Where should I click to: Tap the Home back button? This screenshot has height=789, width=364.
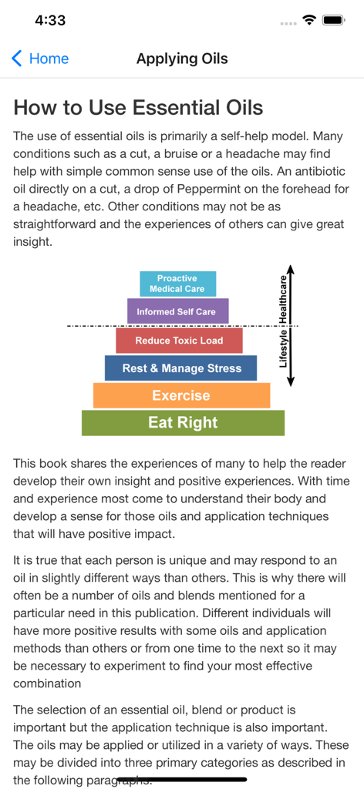click(40, 59)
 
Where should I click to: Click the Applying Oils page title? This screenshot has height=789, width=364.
click(182, 59)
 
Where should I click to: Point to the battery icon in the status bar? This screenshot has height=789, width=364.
click(333, 21)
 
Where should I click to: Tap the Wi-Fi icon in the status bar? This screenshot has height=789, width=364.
click(310, 21)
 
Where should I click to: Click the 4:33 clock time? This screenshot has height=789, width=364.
click(50, 21)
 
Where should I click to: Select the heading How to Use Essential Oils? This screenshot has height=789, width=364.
click(138, 107)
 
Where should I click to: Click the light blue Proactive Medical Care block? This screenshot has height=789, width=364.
click(177, 284)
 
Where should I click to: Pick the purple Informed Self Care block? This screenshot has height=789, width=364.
click(177, 312)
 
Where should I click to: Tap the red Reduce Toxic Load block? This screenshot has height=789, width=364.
click(179, 341)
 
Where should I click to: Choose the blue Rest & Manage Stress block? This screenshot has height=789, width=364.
click(181, 368)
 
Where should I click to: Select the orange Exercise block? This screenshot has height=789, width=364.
click(181, 395)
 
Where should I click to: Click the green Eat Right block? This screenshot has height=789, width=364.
click(183, 423)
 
